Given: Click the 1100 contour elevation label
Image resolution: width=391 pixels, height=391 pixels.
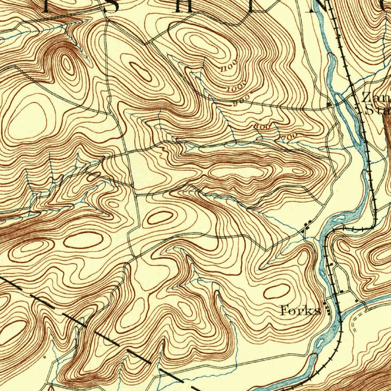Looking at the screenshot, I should (229, 65).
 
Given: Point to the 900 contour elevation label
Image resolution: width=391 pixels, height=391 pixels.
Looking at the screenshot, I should (242, 101).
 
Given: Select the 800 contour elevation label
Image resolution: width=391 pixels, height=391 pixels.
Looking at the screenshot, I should (263, 126).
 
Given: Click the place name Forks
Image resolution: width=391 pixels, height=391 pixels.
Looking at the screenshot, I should (300, 310).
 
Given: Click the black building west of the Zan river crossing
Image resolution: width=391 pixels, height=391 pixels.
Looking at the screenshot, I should (329, 104).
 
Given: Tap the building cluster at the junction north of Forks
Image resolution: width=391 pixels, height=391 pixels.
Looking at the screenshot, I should (307, 228).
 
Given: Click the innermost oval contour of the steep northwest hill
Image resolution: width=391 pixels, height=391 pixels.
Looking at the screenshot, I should (67, 65).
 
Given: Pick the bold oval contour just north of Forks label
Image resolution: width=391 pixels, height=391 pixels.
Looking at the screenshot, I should (276, 291).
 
